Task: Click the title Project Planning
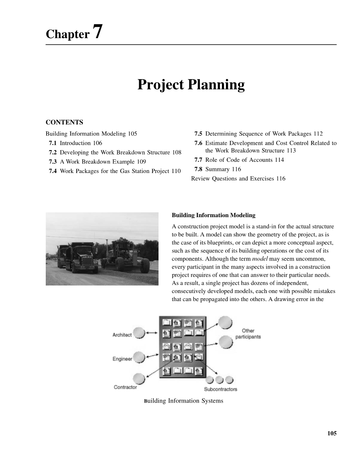191,85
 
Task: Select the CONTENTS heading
64,122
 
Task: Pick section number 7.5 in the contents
198,134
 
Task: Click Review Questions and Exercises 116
238,179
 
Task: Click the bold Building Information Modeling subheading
214,216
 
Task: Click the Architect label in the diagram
122,335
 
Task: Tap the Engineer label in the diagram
122,359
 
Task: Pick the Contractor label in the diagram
125,387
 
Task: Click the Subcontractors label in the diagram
220,389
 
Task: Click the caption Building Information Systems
183,401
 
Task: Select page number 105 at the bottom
332,433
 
